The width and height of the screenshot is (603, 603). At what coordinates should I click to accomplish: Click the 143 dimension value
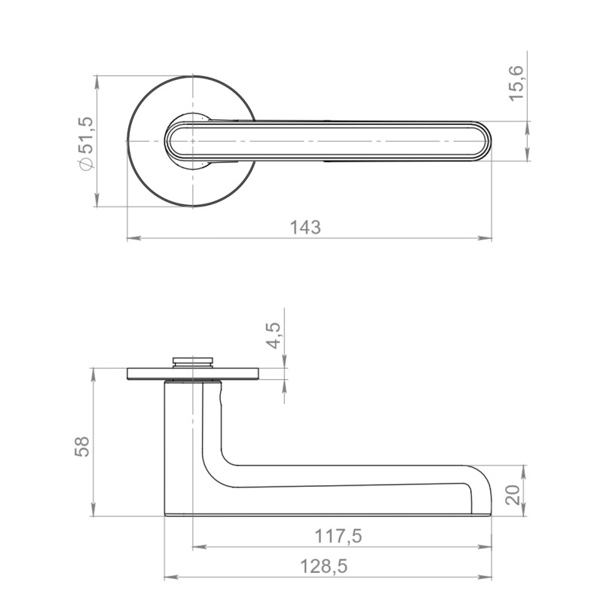pos(305,228)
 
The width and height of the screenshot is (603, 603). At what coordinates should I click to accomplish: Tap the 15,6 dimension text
pos(516,84)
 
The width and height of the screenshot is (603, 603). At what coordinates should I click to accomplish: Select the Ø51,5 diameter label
pos(86,143)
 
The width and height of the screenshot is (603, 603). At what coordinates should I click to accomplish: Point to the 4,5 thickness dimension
pos(274,335)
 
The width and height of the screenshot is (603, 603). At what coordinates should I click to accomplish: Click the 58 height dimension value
pos(82,446)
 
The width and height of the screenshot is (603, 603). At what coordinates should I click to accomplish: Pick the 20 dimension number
pos(513,495)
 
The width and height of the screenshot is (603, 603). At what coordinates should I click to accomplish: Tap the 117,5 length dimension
pos(338,536)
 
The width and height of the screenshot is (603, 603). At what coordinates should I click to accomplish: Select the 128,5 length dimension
pos(323,567)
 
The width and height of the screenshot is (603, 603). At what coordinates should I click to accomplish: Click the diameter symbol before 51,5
pos(86,164)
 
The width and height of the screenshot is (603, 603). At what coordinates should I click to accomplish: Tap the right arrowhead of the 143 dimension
pos(485,238)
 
